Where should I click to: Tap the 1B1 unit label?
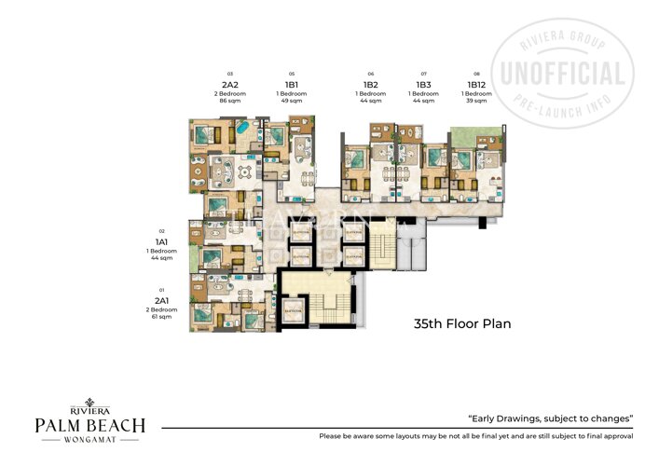click(x=292, y=85)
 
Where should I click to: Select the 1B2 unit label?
click(x=370, y=85)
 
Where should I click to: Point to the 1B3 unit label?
click(x=424, y=85)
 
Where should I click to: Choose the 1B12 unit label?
click(x=476, y=85)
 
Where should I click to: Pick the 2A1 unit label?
click(x=161, y=300)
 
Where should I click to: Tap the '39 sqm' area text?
click(x=476, y=102)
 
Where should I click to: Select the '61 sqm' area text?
click(x=161, y=317)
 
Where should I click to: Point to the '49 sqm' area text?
click(x=292, y=102)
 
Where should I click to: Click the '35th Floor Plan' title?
click(x=463, y=324)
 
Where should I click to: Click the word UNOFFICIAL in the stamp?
click(x=563, y=74)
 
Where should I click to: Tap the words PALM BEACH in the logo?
click(x=90, y=425)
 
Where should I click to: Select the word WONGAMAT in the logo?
click(x=90, y=441)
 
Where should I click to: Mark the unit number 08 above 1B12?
click(x=476, y=73)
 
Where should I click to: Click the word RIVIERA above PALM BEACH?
click(x=90, y=408)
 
